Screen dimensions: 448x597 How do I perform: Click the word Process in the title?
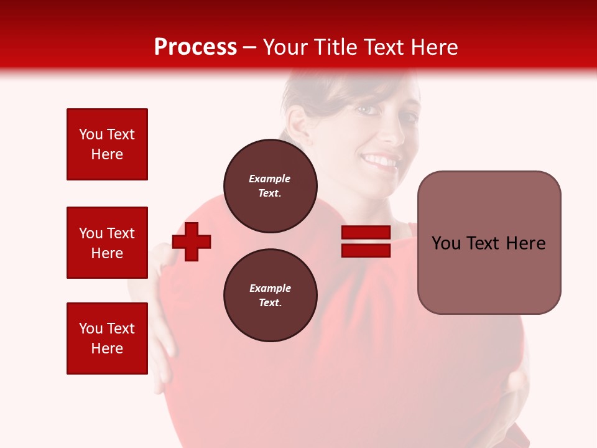[x=195, y=47]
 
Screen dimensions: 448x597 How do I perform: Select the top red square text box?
[x=107, y=144]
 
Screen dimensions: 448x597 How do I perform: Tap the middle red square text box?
[x=107, y=243]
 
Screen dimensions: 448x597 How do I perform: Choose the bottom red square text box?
[x=107, y=338]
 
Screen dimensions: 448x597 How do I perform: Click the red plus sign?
[x=192, y=241]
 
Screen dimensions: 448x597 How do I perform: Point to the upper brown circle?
[x=270, y=185]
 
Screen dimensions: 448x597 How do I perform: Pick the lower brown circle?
[x=270, y=295]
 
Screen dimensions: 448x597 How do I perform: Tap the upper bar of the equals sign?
[x=366, y=233]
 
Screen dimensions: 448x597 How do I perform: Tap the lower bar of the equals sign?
[x=366, y=251]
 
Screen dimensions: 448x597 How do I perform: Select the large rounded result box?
[x=489, y=243]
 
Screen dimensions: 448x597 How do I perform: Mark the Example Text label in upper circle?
[x=270, y=185]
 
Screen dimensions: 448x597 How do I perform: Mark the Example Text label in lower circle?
[x=270, y=295]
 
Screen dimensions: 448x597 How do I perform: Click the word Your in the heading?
[x=286, y=47]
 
